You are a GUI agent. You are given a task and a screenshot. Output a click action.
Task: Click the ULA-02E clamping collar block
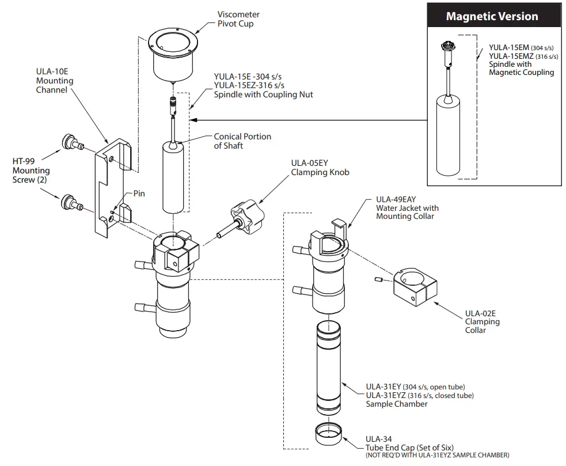click(x=415, y=287)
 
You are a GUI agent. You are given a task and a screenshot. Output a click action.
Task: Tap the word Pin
click(x=139, y=194)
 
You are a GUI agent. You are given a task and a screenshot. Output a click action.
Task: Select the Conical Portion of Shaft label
click(x=242, y=141)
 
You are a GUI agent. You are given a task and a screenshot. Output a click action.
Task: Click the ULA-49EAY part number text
click(x=396, y=199)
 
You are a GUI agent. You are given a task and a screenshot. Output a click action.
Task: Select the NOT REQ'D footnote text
click(x=438, y=456)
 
